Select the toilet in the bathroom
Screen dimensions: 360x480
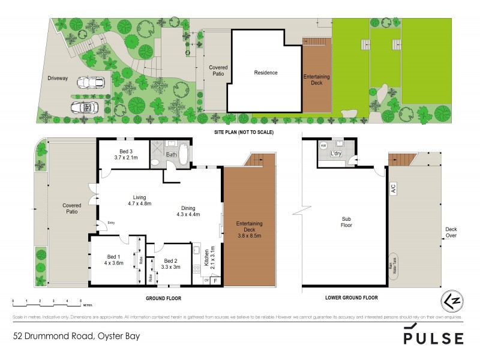pyautogui.click(x=156, y=161)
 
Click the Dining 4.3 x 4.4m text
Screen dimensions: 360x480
pyautogui.click(x=188, y=211)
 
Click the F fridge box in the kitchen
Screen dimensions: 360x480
pyautogui.click(x=215, y=280)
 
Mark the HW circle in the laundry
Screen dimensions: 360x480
pyautogui.click(x=323, y=146)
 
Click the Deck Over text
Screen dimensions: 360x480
pyautogui.click(x=451, y=232)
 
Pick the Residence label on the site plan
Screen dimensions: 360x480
pyautogui.click(x=265, y=73)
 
